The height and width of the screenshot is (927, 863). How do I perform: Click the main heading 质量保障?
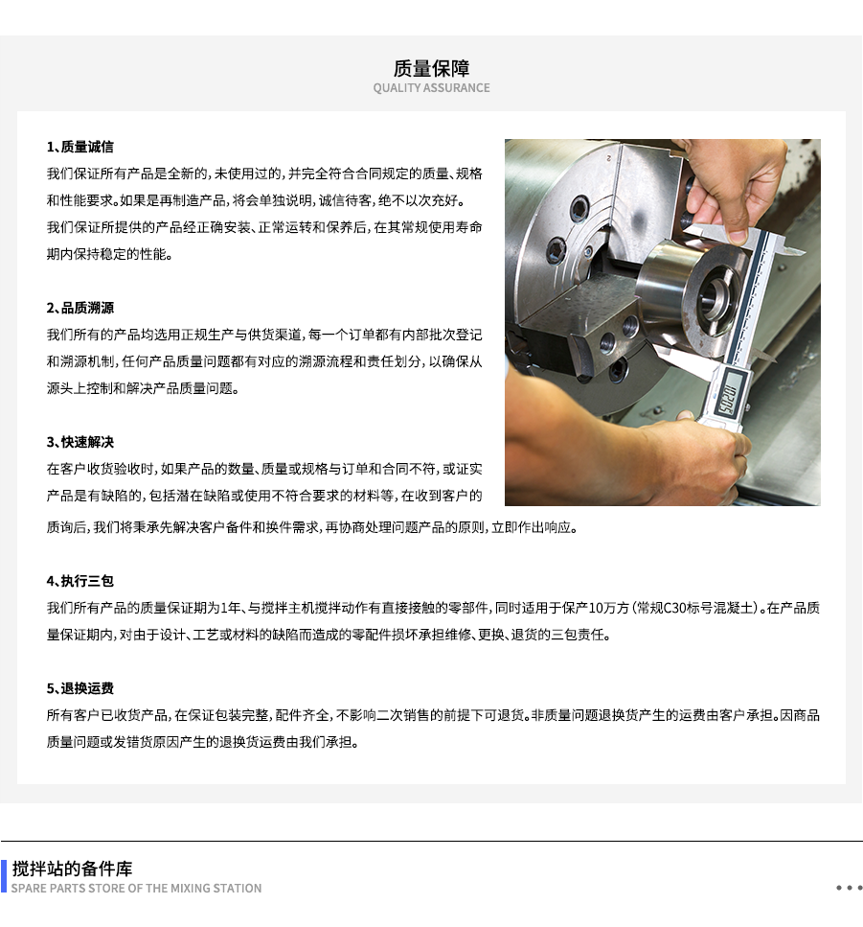click(x=431, y=68)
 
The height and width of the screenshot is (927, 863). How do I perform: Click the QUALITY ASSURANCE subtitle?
click(x=431, y=88)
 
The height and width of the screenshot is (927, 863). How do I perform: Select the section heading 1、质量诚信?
click(x=80, y=147)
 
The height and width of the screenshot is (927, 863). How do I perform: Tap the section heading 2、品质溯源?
click(x=80, y=308)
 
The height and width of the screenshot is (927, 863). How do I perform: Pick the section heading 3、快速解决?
click(x=80, y=442)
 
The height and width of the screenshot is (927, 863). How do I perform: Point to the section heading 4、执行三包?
click(x=80, y=581)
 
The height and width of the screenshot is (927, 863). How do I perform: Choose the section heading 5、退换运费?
click(x=80, y=688)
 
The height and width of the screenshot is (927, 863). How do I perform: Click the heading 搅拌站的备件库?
click(x=73, y=869)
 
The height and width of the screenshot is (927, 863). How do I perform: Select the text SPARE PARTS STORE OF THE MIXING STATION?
click(x=136, y=889)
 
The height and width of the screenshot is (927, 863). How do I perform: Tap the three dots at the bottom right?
click(x=849, y=888)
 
